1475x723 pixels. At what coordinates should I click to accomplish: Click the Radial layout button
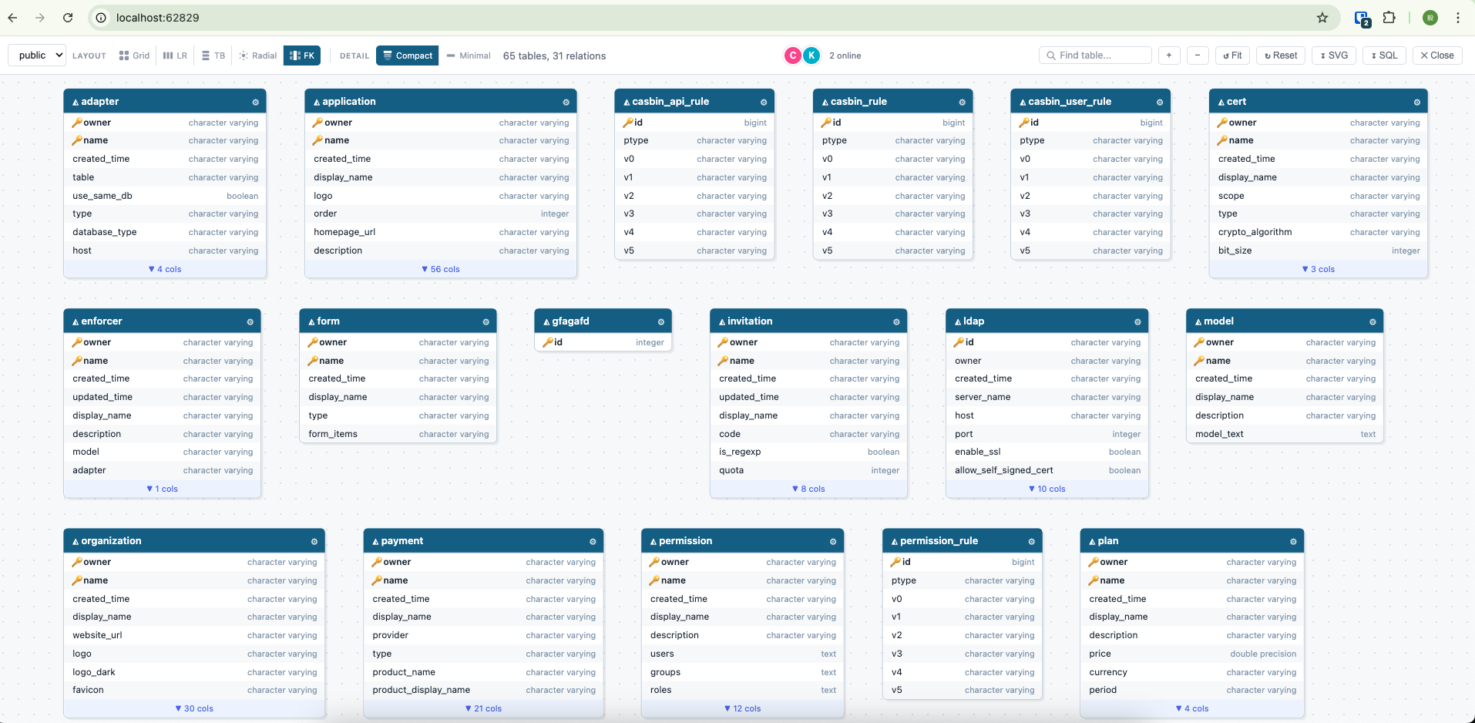click(x=258, y=55)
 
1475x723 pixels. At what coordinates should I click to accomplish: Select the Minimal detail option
click(x=469, y=55)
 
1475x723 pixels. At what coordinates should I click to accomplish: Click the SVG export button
click(x=1334, y=55)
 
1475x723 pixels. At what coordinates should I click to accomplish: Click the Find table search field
click(x=1095, y=55)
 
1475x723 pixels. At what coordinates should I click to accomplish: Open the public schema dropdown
click(x=37, y=55)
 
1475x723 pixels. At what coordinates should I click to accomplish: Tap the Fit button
click(x=1232, y=55)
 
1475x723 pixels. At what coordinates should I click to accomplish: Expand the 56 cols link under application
click(x=441, y=269)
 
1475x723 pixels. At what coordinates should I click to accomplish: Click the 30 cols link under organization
click(x=194, y=708)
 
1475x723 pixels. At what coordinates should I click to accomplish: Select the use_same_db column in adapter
click(x=102, y=196)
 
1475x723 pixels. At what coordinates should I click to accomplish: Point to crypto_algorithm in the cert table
click(x=1255, y=232)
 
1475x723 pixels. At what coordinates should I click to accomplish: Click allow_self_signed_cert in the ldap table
click(x=1003, y=470)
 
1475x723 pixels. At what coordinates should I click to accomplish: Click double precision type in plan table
click(x=1263, y=654)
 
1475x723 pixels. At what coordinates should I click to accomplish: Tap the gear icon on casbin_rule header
click(x=962, y=102)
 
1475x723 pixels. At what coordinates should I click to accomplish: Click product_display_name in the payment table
click(x=421, y=690)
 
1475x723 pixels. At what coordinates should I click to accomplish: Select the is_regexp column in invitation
click(x=740, y=452)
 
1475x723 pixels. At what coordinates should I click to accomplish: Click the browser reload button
click(x=68, y=18)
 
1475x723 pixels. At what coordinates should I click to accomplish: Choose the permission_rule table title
click(x=939, y=541)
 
